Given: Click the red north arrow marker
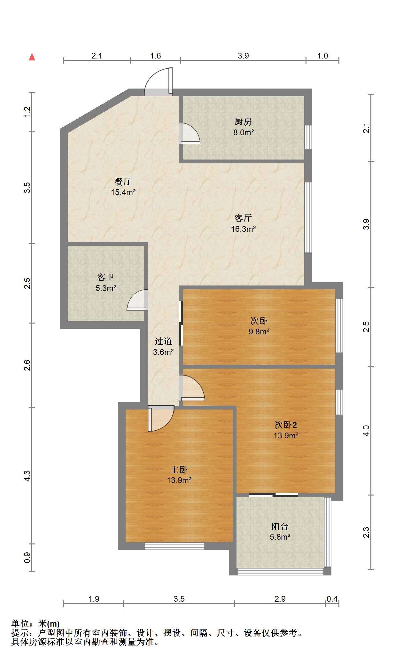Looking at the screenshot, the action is tap(32, 57).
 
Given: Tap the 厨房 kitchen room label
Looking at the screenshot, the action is tap(243, 121).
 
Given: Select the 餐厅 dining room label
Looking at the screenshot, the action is tap(123, 182).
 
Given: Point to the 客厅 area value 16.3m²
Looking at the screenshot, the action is tap(244, 229).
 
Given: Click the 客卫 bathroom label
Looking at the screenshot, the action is tap(106, 277).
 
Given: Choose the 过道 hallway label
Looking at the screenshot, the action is tap(163, 341).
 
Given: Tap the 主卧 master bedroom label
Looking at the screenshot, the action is tap(179, 470).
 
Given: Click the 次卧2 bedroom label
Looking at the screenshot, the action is tap(286, 425).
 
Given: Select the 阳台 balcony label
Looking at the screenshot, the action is tap(280, 526).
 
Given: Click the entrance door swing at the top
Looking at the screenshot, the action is tap(159, 82).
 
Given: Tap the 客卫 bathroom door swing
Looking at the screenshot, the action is tap(137, 300).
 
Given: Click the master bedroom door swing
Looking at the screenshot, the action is tap(161, 419).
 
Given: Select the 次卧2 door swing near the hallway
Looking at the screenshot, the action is tap(192, 388).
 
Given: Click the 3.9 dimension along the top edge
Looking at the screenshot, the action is tap(243, 56).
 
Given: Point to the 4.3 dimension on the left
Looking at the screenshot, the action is tap(27, 476).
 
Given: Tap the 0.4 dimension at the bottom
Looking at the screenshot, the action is tap(332, 599).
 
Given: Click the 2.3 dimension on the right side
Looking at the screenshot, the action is tap(366, 532).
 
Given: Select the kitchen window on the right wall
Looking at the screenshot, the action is tap(308, 137).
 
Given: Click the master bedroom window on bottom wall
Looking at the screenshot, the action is tap(174, 546).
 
